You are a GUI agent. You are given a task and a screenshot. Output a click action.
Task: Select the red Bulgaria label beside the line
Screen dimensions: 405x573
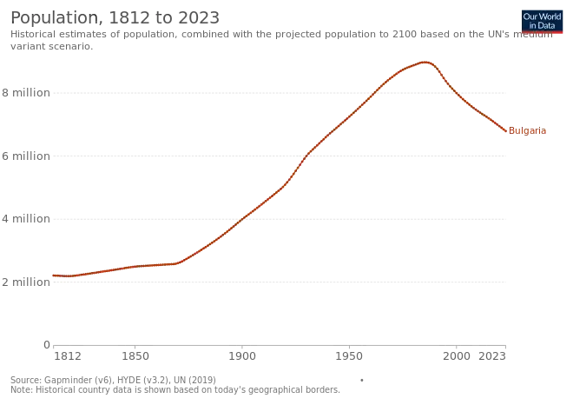(x=528, y=132)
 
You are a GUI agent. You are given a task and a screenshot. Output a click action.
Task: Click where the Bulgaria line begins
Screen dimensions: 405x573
(x=54, y=276)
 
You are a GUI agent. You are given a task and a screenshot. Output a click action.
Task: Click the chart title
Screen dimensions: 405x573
(x=113, y=16)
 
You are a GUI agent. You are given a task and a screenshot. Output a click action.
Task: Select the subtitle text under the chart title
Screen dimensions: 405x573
(x=260, y=39)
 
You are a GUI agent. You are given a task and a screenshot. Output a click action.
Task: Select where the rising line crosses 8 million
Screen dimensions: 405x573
(x=375, y=93)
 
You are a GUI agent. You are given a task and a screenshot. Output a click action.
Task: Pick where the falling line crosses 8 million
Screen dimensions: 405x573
(x=457, y=93)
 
